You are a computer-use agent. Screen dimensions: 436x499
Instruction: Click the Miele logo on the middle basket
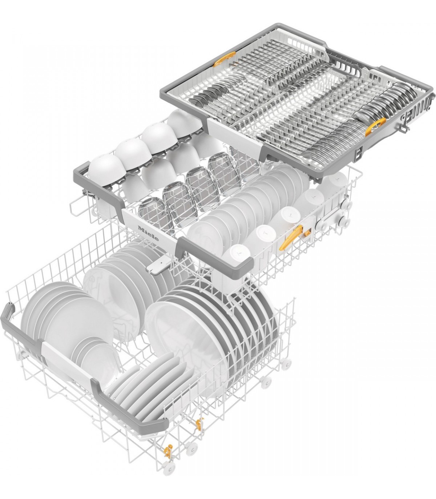(148, 233)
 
